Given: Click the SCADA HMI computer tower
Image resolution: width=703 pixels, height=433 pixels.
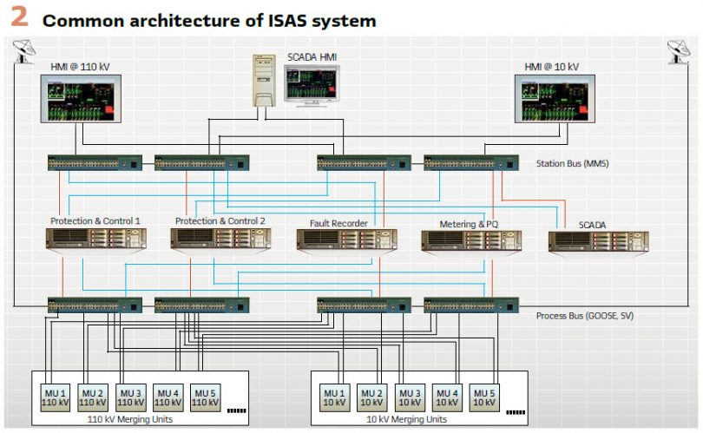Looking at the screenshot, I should pos(264,80).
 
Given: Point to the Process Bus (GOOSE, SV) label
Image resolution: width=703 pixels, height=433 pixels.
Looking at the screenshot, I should pos(584,315).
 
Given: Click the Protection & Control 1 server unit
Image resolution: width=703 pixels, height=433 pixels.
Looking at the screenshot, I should pos(95,239).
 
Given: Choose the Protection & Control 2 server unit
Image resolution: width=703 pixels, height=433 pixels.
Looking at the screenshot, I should pos(220,239).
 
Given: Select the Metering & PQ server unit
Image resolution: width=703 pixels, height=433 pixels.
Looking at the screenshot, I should pos(470,240).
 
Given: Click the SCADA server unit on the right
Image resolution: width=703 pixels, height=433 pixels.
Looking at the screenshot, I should pos(598,241).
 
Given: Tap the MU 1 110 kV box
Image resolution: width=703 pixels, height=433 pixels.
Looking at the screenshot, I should pos(55,397).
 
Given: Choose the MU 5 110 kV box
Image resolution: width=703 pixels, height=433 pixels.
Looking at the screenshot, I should pos(204,397).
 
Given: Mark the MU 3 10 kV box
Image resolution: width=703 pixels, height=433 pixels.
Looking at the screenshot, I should pos(410,397).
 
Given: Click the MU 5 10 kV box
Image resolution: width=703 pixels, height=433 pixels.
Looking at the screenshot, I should pos(484,397).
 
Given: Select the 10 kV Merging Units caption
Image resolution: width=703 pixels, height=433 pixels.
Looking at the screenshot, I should pos(405,419).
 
